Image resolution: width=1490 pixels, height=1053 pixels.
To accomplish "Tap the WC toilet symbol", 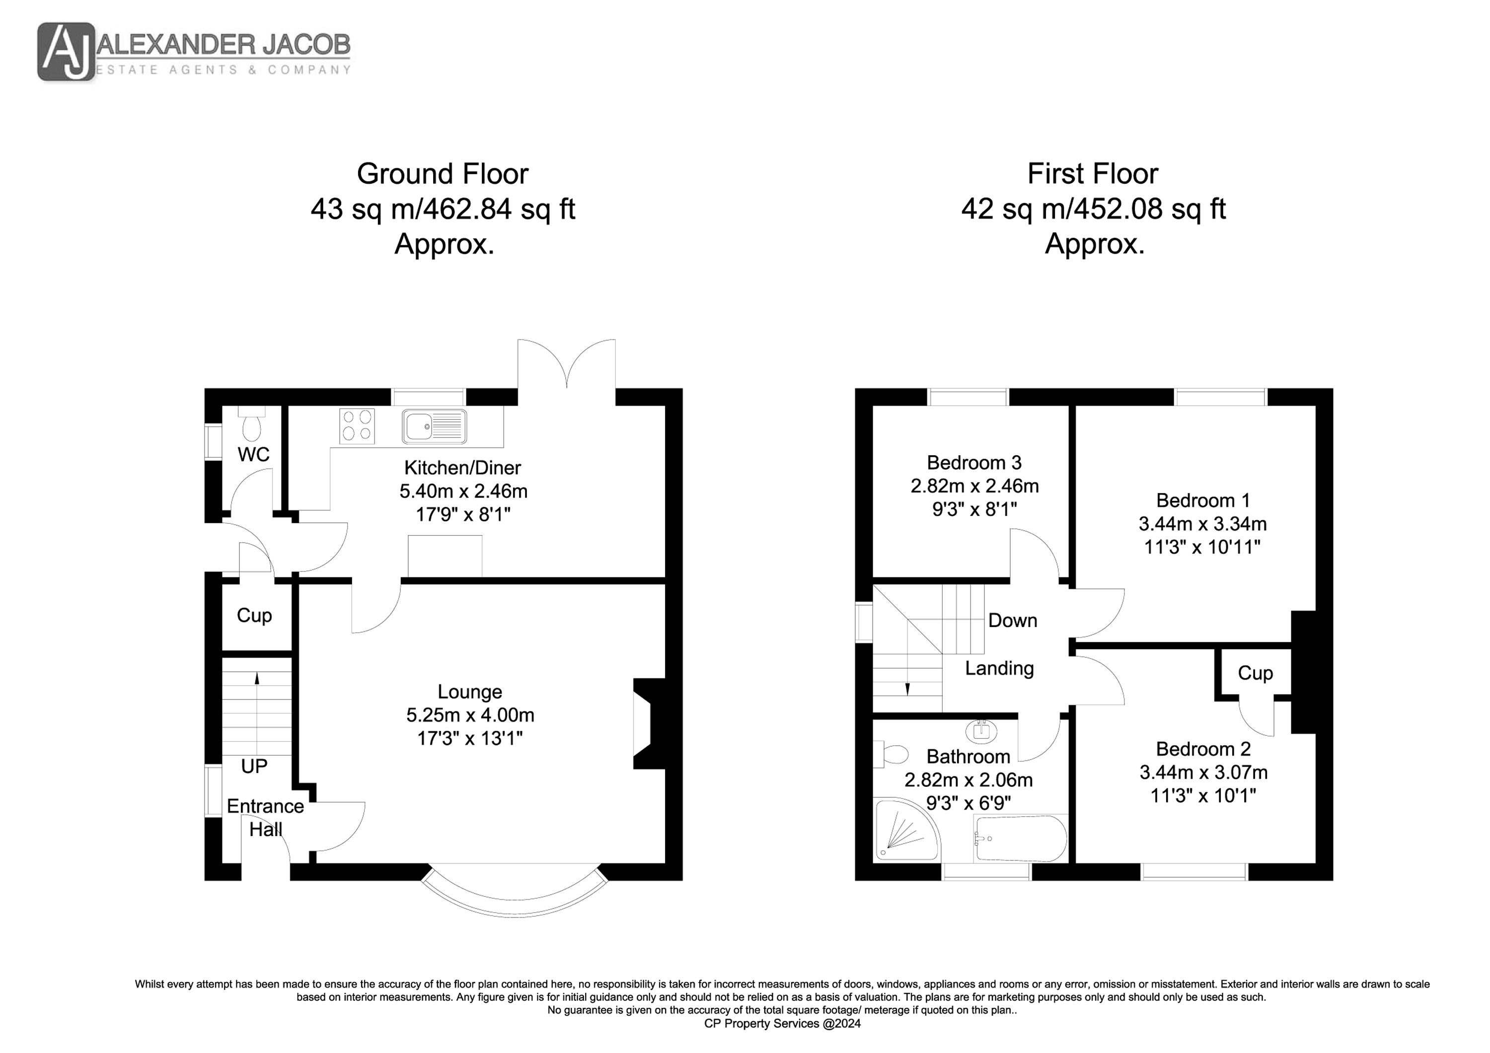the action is (250, 423).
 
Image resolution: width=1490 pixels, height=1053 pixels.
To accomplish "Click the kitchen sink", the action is (434, 426).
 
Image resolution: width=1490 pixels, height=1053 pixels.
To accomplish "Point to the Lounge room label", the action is (469, 692).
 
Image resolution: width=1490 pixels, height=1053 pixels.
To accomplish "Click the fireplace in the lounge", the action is (650, 723).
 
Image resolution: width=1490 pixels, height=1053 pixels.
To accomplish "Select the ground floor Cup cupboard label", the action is (254, 615).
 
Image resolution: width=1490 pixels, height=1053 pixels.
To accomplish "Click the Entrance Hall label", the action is (265, 818).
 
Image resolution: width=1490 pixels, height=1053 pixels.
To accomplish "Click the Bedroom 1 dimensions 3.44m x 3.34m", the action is (1202, 524).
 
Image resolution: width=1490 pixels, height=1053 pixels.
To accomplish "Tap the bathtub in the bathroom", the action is (1020, 838).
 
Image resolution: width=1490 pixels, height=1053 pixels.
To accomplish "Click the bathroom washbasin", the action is (981, 731).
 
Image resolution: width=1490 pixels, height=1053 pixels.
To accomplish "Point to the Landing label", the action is (999, 668).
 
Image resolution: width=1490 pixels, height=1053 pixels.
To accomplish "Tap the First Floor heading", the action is (1093, 173).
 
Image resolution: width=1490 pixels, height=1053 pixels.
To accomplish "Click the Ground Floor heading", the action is (443, 173).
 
